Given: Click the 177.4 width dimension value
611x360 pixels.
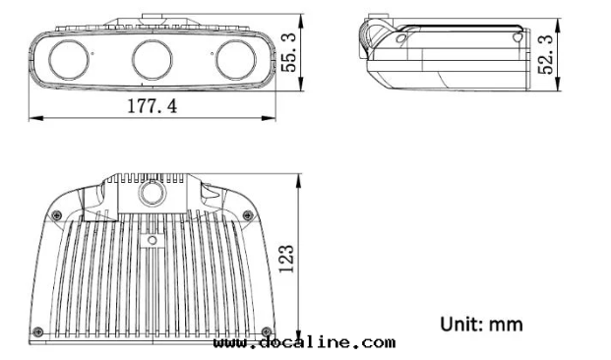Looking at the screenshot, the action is tap(152, 106).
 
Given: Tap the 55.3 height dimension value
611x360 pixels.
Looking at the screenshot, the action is tap(288, 52).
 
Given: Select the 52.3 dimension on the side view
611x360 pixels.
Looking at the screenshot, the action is tap(545, 54).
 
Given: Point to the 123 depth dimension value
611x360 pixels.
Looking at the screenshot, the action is tap(286, 259).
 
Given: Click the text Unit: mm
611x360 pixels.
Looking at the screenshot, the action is tap(481, 325).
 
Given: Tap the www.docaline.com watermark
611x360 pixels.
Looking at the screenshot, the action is tap(304, 343).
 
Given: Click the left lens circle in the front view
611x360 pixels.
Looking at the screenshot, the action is tap(69, 60).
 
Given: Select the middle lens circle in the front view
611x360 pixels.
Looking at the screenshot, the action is tap(152, 60).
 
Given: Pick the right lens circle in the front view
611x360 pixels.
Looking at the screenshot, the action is tap(236, 60).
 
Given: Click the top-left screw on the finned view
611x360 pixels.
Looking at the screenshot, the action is tap(57, 215).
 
